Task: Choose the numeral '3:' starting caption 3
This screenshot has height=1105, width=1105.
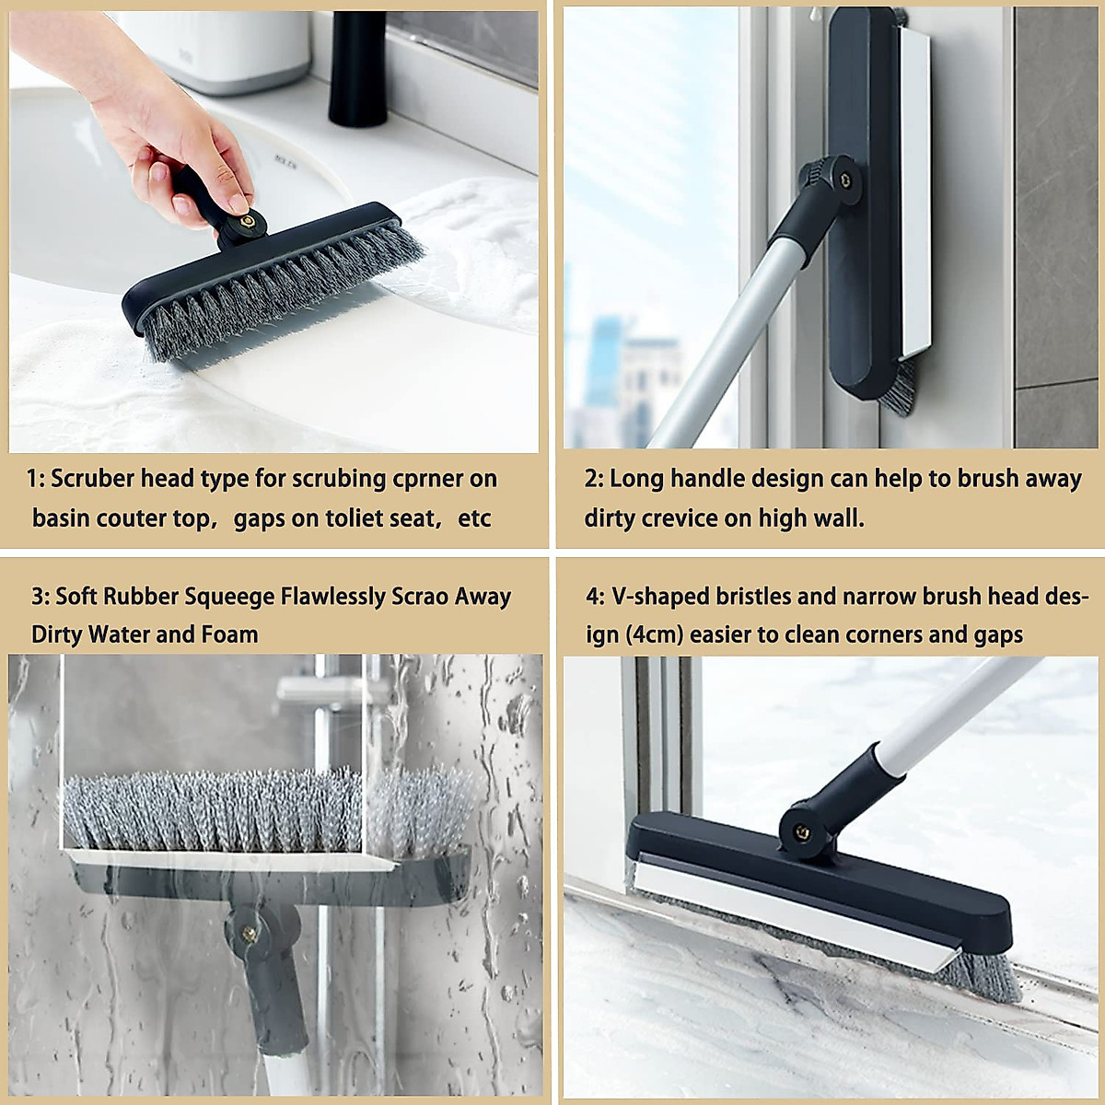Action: coord(41,597)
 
